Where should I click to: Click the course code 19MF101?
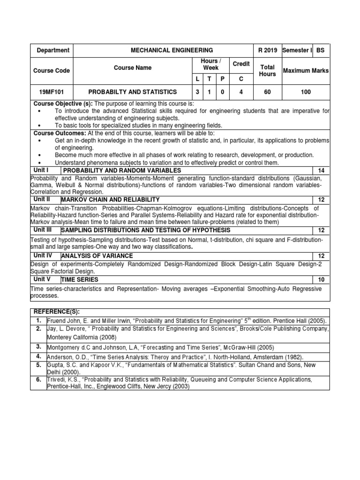(51, 92)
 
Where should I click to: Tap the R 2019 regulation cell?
(268, 50)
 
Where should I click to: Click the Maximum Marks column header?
(306, 70)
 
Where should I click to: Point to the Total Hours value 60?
(267, 92)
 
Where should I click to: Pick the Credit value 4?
(241, 92)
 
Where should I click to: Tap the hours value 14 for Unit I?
(321, 171)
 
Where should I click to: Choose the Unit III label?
(43, 230)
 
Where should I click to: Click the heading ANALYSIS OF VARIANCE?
(97, 256)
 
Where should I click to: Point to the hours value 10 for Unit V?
(321, 279)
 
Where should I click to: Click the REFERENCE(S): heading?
(53, 311)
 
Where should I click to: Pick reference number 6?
(39, 379)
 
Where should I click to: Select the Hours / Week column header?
(210, 64)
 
